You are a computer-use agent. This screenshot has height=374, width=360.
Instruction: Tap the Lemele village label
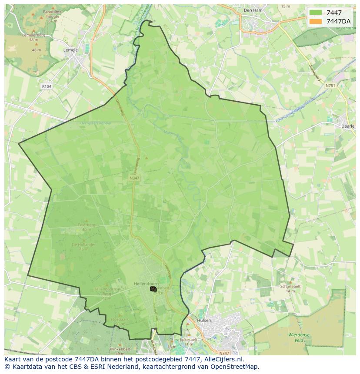[70, 50]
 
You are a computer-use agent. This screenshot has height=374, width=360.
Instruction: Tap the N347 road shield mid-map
[134, 178]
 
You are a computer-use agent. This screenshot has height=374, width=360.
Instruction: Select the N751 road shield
[330, 86]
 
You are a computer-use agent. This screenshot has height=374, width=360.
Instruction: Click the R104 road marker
[47, 86]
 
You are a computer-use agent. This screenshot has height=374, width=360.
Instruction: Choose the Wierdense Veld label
[298, 338]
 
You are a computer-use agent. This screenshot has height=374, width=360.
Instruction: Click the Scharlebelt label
[290, 286]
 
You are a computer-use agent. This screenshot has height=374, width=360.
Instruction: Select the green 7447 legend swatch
[316, 13]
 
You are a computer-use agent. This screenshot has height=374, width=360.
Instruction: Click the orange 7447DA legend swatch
[316, 21]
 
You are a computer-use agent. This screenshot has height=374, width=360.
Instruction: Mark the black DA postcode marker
[153, 289]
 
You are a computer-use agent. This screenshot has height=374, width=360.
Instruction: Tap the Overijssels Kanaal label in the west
[95, 123]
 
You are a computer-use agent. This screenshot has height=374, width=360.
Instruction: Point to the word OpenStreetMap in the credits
[237, 366]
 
